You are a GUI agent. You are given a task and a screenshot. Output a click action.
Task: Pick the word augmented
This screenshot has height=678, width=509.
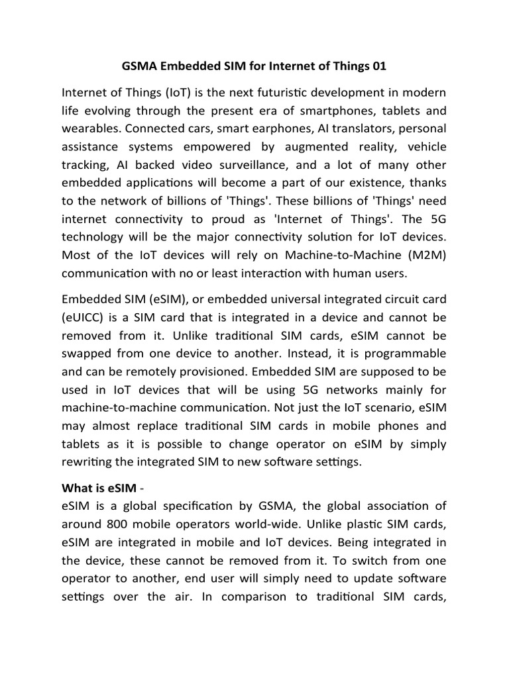(308, 146)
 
